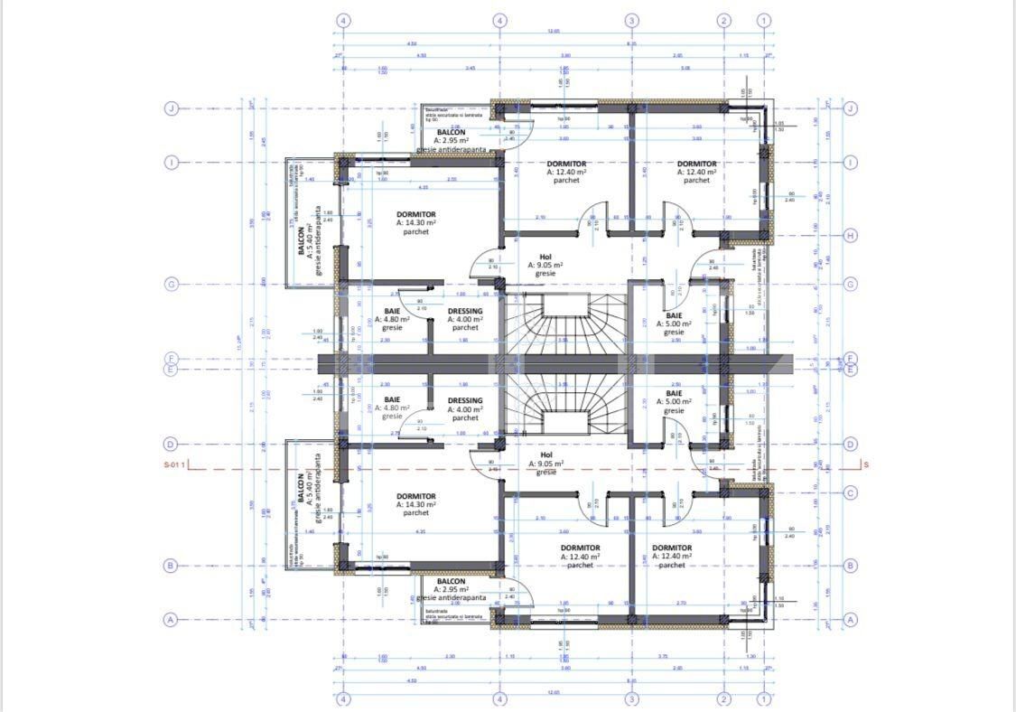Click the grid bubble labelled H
click(x=850, y=236)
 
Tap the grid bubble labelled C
click(x=850, y=492)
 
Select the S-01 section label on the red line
click(x=174, y=465)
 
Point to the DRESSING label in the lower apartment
click(x=465, y=400)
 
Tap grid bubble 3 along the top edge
click(x=632, y=20)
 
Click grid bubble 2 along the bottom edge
click(x=723, y=698)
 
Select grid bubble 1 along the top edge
click(x=764, y=20)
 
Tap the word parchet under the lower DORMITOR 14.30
click(x=415, y=513)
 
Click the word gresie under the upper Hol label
click(x=545, y=274)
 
